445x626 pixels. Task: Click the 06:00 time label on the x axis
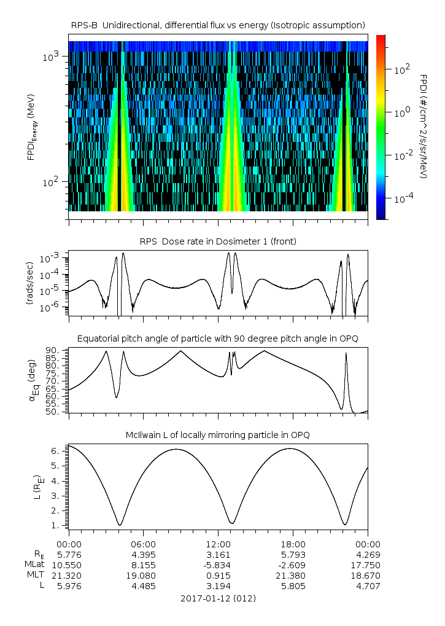144,544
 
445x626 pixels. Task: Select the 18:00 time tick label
293,544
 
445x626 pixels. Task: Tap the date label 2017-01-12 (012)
218,598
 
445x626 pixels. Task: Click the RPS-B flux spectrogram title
218,25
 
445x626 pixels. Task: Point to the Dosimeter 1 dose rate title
218,241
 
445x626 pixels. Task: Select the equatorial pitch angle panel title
218,338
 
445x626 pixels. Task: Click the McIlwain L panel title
218,435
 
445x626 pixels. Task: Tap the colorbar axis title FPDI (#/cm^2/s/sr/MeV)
424,127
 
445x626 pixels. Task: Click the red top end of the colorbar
381,37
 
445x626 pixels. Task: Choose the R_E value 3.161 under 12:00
218,555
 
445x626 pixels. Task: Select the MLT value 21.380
293,576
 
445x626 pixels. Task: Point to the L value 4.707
368,586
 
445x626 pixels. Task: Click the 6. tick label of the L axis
55,451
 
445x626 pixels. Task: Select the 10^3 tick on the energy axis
51,57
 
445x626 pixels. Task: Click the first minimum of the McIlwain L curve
120,525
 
